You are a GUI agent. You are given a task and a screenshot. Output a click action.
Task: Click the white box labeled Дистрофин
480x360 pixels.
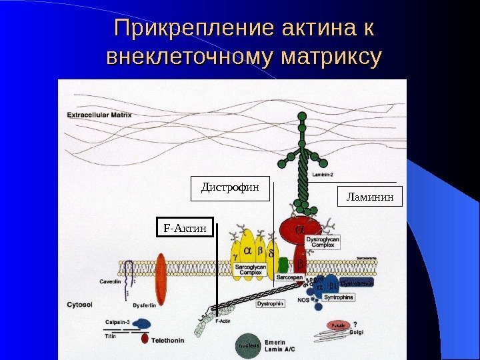230,188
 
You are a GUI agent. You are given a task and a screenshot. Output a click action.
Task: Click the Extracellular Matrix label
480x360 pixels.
99,115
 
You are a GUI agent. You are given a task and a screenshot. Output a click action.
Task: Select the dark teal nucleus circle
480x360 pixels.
247,346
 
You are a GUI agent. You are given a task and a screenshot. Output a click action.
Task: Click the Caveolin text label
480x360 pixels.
110,281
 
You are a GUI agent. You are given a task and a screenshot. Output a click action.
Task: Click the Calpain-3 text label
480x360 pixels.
119,321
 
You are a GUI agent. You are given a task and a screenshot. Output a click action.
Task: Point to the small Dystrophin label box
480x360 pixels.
271,303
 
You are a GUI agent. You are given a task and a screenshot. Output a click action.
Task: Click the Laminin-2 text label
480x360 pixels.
327,173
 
